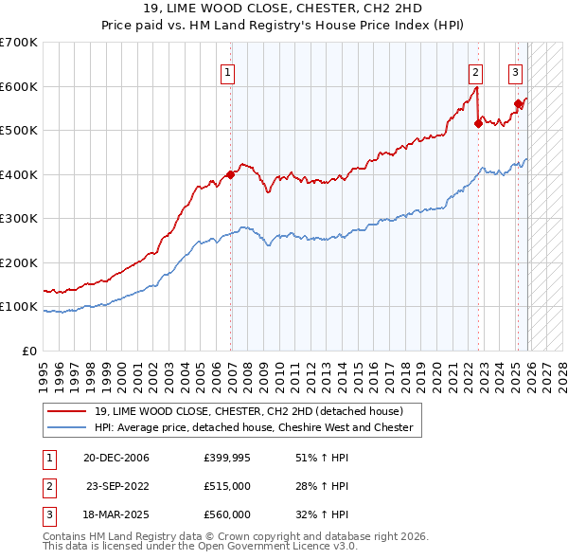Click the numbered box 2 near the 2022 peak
pos(474,72)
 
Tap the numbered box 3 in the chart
pos(515,72)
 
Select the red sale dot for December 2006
pos(230,174)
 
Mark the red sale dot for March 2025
pos(518,104)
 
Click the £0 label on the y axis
pos(28,352)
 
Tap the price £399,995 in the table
pos(227,458)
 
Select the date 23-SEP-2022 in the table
pos(117,486)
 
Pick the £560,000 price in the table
pos(227,514)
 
